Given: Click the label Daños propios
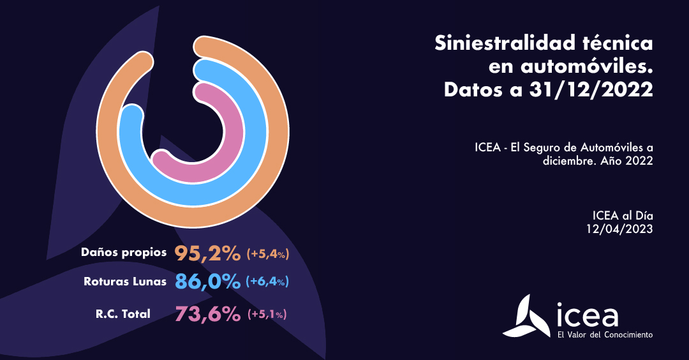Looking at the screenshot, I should point(124,252).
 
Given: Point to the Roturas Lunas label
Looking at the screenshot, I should point(125,281).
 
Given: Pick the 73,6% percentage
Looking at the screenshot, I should point(207,313).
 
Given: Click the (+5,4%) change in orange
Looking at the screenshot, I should point(268,254).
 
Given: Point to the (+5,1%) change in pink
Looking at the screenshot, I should point(267,314).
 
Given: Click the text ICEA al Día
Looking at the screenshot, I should point(623,216).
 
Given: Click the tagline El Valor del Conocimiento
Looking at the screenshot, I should point(605,334).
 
